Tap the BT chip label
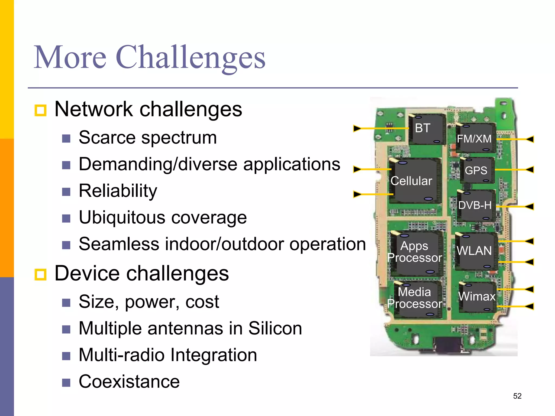click(x=422, y=128)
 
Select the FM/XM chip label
click(x=474, y=139)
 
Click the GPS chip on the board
click(x=476, y=170)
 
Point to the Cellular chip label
click(x=411, y=181)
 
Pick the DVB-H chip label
click(x=475, y=205)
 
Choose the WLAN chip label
click(x=474, y=251)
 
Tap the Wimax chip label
click(x=477, y=296)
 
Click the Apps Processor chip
click(x=415, y=252)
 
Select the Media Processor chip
click(x=415, y=298)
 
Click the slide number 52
click(x=517, y=396)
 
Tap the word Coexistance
click(x=129, y=381)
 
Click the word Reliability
click(x=118, y=191)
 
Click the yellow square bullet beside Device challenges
click(x=41, y=274)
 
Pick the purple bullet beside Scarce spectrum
click(x=66, y=139)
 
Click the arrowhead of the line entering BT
click(x=357, y=128)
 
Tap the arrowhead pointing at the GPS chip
click(x=530, y=170)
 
